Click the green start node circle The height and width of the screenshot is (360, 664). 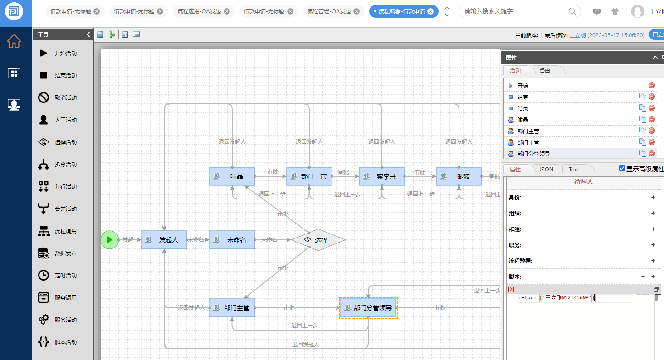(x=109, y=239)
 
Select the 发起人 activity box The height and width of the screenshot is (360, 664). (x=164, y=240)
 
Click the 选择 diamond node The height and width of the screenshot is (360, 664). (x=318, y=240)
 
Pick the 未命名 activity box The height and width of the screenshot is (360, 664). (x=232, y=240)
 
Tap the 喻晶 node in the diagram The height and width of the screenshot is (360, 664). (x=232, y=176)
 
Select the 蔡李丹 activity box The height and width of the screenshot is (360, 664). (x=381, y=176)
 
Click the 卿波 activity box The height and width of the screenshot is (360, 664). (x=459, y=176)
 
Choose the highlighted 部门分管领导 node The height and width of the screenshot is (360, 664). (x=368, y=308)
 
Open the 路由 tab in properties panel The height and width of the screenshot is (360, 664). (x=544, y=71)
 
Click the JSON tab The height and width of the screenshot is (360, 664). (x=546, y=170)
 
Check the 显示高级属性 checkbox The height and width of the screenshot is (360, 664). (x=622, y=169)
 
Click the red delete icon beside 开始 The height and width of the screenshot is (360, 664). (x=652, y=85)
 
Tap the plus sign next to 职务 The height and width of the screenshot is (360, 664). (x=653, y=245)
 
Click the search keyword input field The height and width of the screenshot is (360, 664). (x=514, y=11)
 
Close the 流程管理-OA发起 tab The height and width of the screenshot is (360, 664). (x=356, y=11)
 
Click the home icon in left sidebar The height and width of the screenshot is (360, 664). (x=14, y=41)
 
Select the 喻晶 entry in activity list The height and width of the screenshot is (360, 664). (x=523, y=120)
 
